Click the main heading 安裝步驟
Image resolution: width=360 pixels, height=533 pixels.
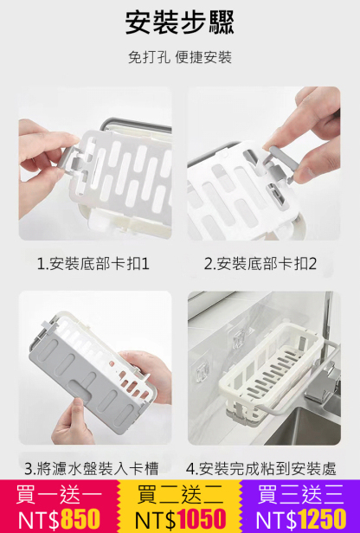tap(180, 22)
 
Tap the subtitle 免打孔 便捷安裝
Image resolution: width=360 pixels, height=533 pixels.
tap(180, 58)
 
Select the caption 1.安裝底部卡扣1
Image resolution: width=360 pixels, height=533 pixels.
tap(93, 263)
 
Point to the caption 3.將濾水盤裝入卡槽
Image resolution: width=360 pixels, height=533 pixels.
tap(91, 469)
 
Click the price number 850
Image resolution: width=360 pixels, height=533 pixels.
tap(80, 519)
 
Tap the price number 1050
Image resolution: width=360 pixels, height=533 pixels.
tap(201, 519)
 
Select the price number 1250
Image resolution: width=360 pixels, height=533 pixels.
tap(321, 519)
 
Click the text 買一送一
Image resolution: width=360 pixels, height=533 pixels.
tap(60, 496)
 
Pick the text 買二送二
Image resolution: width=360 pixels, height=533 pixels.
tap(180, 496)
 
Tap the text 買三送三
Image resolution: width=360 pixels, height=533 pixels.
tap(300, 496)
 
